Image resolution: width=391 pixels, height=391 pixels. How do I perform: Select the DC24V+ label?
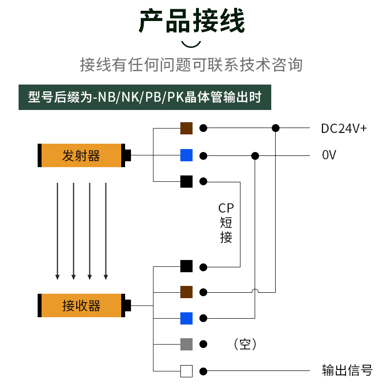[x=344, y=129]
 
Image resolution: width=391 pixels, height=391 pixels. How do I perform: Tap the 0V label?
[x=329, y=155]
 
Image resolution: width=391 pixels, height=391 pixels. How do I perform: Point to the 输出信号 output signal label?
[x=347, y=370]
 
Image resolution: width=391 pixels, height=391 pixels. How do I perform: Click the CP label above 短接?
[x=226, y=208]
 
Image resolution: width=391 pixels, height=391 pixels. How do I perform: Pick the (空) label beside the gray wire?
[x=245, y=345]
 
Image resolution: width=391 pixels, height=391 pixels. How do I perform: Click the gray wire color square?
[x=186, y=345]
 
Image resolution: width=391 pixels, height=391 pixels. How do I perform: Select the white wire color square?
[x=186, y=371]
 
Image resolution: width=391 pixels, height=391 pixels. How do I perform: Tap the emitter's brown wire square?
[x=186, y=128]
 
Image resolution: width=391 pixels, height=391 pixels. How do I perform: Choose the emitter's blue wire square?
[x=186, y=155]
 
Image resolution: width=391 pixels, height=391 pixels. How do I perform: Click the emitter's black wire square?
[x=186, y=181]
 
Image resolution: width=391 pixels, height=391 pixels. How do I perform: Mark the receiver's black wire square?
[x=186, y=266]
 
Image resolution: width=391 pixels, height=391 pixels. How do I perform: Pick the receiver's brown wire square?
[x=186, y=292]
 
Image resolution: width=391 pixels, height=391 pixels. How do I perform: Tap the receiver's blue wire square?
[x=186, y=319]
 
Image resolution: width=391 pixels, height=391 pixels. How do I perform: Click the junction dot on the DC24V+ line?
[x=276, y=128]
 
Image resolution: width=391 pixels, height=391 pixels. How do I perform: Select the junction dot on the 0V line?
[x=255, y=156]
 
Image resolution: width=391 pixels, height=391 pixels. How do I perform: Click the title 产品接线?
[x=192, y=21]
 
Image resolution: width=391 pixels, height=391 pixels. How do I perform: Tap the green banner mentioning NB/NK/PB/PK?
[x=145, y=97]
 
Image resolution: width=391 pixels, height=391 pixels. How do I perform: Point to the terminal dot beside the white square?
[x=203, y=371]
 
